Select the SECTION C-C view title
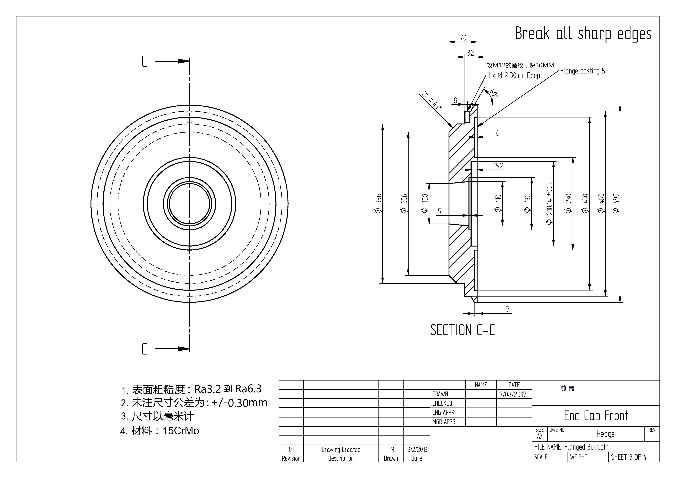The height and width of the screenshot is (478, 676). coord(462,330)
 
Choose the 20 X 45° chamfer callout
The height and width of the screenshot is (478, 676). coord(431,100)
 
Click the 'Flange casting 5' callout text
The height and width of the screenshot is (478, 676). coord(582,71)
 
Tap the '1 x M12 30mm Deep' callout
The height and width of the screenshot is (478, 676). coord(514,76)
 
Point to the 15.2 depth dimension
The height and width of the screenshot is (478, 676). coord(498,166)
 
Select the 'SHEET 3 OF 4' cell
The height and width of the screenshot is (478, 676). coord(629,457)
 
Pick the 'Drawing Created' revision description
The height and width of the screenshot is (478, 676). coord(341,449)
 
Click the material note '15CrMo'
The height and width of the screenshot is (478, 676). coord(181,431)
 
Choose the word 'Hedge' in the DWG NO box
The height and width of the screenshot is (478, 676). coord(605,434)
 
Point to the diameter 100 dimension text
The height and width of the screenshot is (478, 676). coord(425,203)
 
